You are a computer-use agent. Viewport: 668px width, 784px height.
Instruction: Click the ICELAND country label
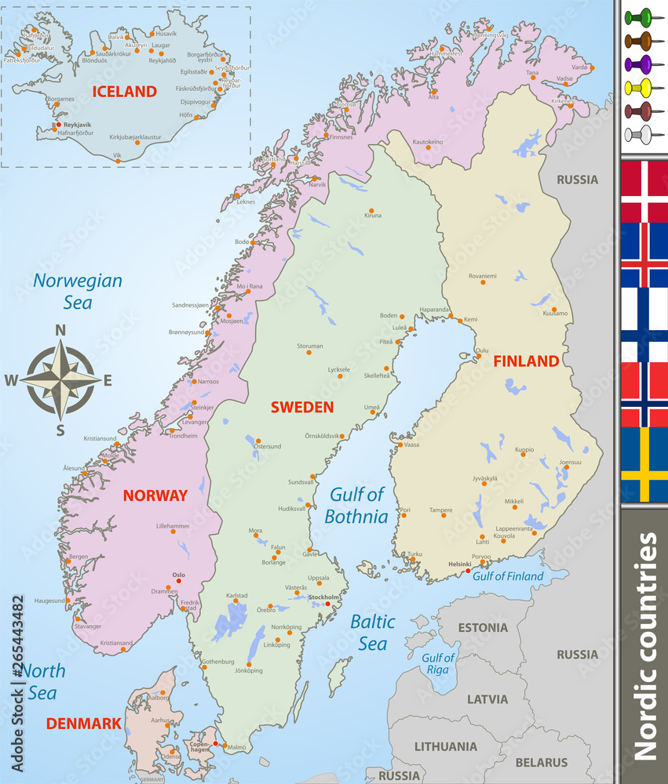[x=124, y=91]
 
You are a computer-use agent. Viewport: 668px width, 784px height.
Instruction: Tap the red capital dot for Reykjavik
[x=57, y=125]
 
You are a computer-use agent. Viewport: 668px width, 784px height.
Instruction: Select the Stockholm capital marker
[x=327, y=603]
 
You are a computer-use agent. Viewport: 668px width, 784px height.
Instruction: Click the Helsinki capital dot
[x=469, y=571]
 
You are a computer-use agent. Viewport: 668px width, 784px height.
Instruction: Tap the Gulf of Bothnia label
[x=358, y=505]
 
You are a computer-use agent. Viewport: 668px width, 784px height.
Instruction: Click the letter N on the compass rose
[x=60, y=331]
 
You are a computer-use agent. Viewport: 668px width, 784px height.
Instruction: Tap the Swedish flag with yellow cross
[x=644, y=464]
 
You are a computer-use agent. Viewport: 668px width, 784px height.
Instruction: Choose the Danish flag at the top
[x=644, y=191]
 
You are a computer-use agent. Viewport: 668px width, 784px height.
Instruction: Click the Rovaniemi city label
[x=483, y=275]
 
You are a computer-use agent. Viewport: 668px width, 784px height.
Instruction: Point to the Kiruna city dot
[x=371, y=212]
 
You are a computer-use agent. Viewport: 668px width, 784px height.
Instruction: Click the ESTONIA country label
[x=482, y=628]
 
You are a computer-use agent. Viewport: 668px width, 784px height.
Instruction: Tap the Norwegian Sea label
[x=77, y=291]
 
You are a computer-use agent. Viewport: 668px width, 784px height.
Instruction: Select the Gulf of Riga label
[x=437, y=663]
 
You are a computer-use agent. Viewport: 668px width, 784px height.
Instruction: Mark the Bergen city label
[x=78, y=557]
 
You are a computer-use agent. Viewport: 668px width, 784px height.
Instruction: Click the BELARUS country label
[x=542, y=762]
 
